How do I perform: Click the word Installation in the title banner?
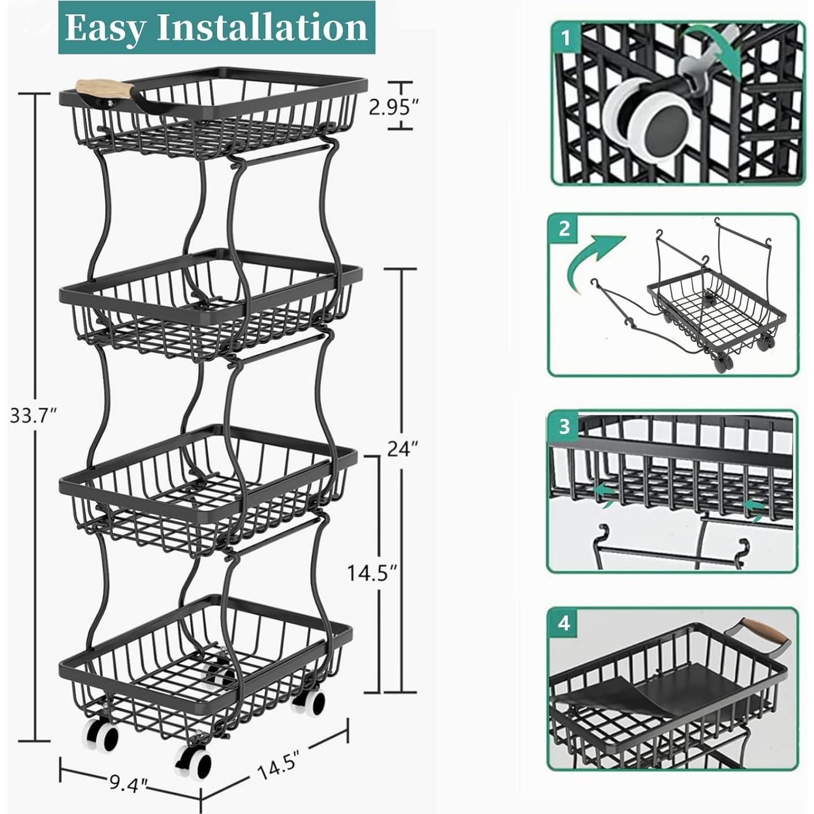pyautogui.click(x=261, y=28)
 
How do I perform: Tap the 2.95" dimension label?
pyautogui.click(x=394, y=107)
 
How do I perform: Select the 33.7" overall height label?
pyautogui.click(x=33, y=415)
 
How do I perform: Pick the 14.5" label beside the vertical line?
pyautogui.click(x=372, y=572)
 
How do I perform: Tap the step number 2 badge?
pyautogui.click(x=564, y=228)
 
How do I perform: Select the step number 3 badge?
pyautogui.click(x=564, y=426)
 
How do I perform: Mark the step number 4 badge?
pyautogui.click(x=564, y=623)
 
